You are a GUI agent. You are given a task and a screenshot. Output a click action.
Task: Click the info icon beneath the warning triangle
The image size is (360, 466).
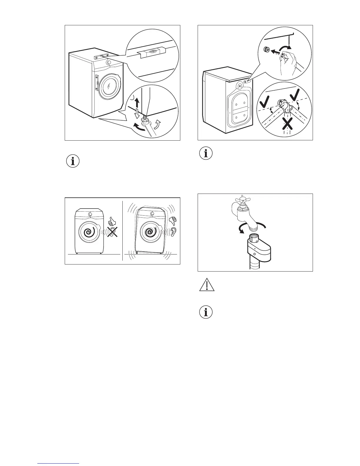(206, 312)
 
